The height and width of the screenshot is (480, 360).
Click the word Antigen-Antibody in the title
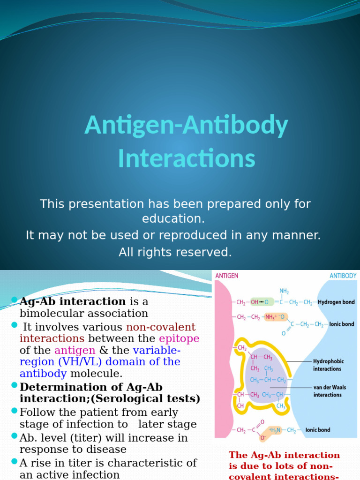pos(186,126)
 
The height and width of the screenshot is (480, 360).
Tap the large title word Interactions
pos(186,158)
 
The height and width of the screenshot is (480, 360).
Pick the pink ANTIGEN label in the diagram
pos(227,276)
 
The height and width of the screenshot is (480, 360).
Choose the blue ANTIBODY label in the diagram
pos(343,276)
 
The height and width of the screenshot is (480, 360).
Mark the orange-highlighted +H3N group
pos(276,430)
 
